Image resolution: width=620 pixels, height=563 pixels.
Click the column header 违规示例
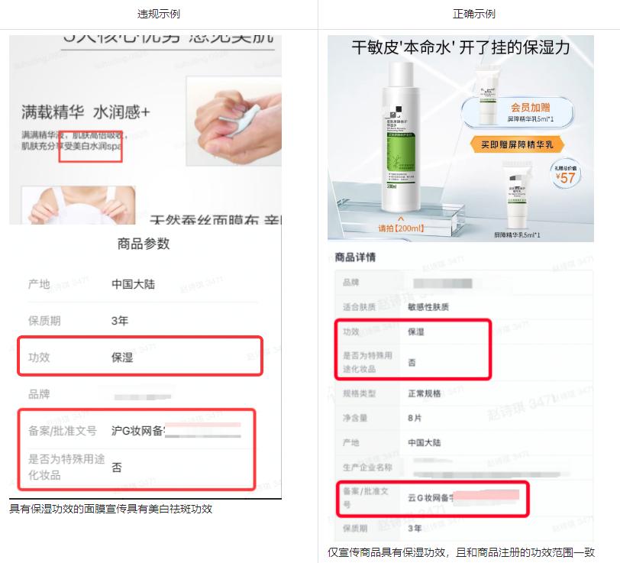[159, 15]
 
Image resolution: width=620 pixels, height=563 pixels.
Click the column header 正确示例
[468, 15]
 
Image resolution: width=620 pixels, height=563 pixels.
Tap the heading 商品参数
[144, 244]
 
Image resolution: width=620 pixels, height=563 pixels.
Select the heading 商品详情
[356, 257]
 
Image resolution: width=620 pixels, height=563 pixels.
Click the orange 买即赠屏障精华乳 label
[512, 144]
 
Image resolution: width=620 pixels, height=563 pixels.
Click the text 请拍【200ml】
[401, 228]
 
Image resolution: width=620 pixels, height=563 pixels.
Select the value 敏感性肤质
[428, 307]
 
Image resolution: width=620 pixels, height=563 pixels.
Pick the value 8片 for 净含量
[414, 419]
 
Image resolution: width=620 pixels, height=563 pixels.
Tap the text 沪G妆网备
[138, 431]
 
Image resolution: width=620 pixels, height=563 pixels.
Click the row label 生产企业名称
[368, 468]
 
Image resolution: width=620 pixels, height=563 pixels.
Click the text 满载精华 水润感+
[86, 112]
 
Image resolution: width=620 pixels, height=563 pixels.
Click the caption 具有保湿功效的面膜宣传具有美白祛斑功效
[111, 509]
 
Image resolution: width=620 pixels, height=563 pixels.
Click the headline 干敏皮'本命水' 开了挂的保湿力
[460, 48]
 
